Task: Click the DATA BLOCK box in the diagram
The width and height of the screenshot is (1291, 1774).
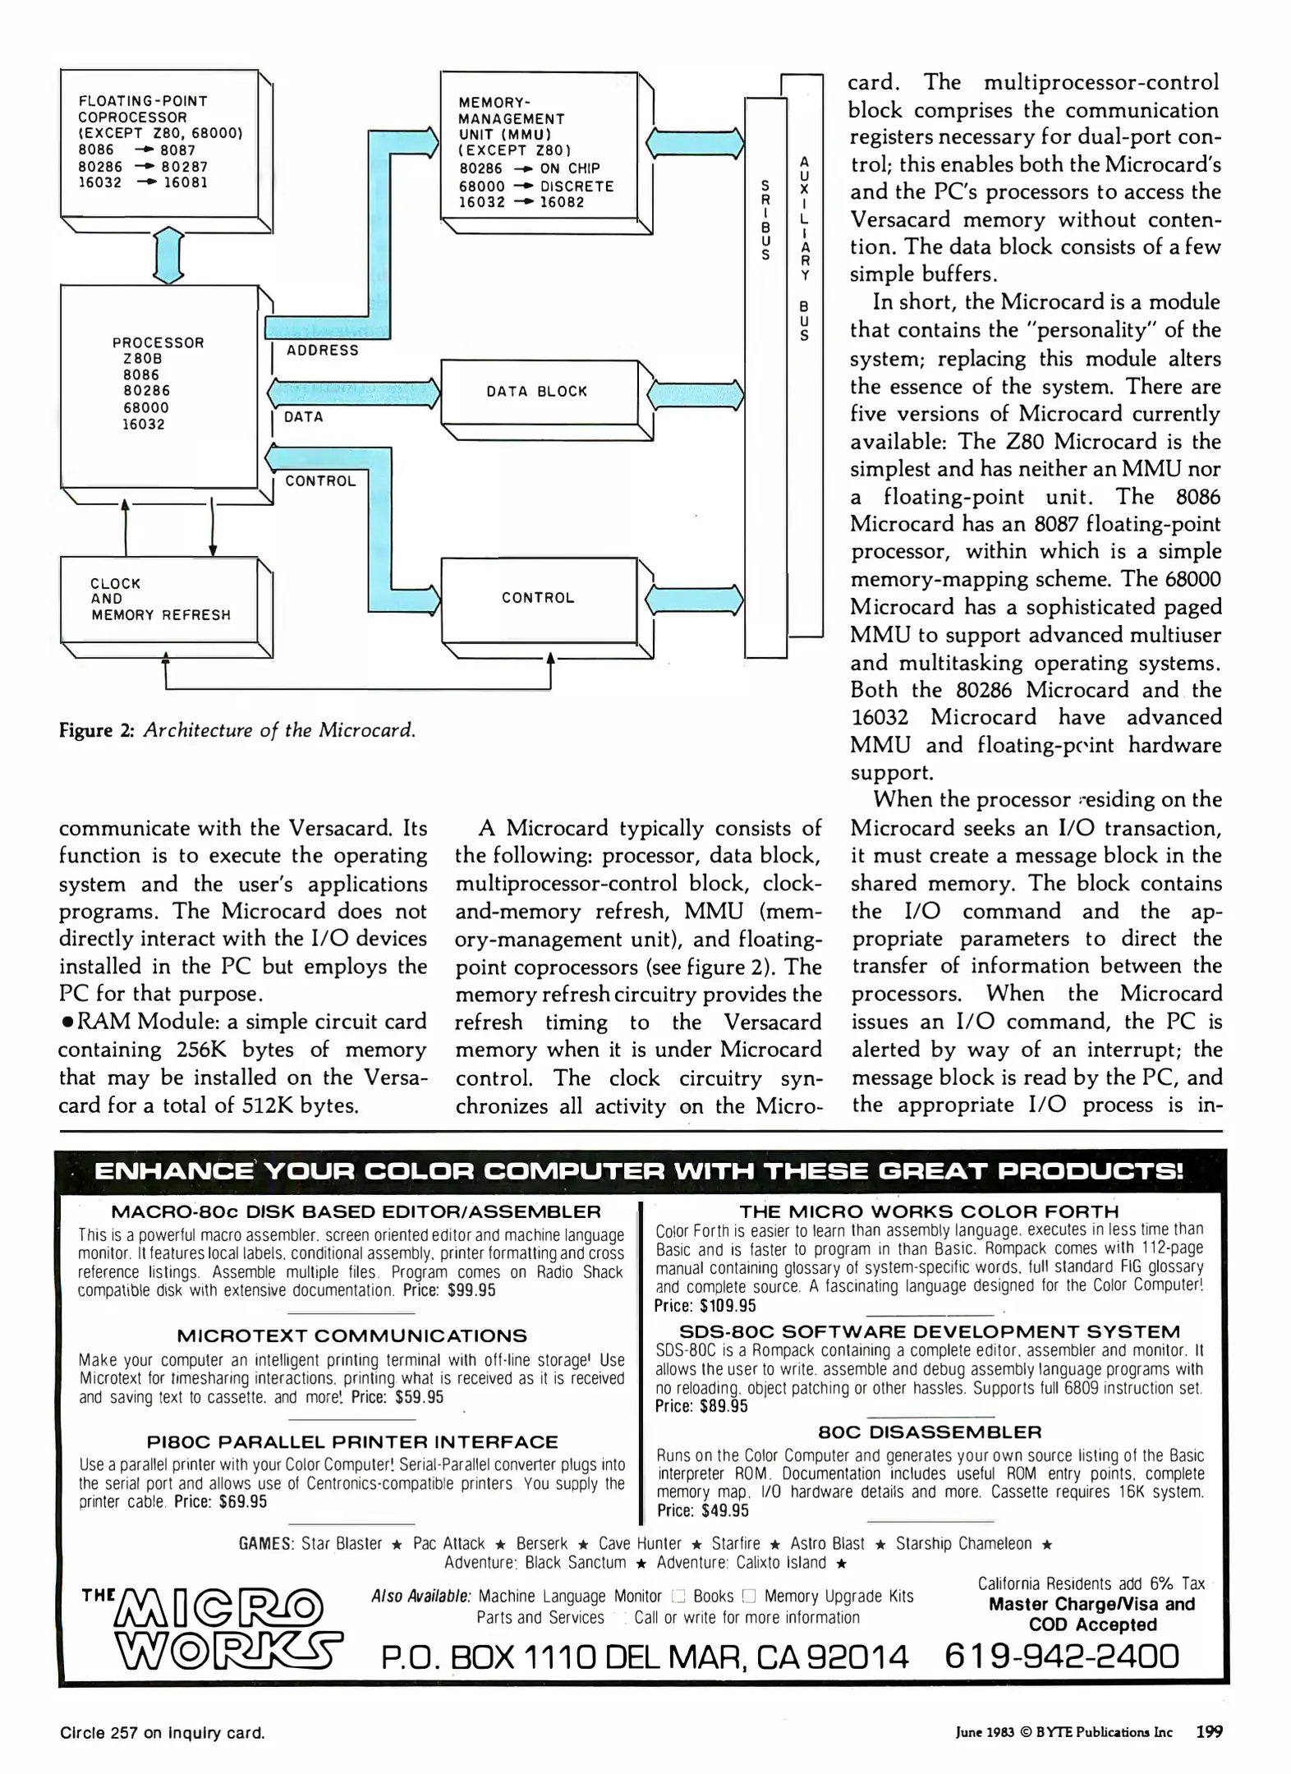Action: (538, 392)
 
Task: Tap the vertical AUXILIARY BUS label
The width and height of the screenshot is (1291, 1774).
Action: (805, 248)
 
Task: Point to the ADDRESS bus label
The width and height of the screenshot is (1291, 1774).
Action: (322, 351)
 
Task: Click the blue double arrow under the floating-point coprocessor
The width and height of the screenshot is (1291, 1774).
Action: (168, 255)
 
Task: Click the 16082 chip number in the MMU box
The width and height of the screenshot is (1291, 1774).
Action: (562, 202)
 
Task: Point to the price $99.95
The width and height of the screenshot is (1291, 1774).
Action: (471, 1289)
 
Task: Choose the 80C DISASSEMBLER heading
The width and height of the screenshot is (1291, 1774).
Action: (930, 1432)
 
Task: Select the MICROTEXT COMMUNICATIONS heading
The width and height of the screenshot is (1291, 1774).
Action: (351, 1335)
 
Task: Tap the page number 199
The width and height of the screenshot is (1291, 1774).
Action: (1209, 1732)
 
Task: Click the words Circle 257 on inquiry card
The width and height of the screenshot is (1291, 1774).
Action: (162, 1733)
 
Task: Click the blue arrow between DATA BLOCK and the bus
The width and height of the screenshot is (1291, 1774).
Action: (695, 394)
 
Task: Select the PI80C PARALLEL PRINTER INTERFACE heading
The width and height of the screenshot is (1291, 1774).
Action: (351, 1441)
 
